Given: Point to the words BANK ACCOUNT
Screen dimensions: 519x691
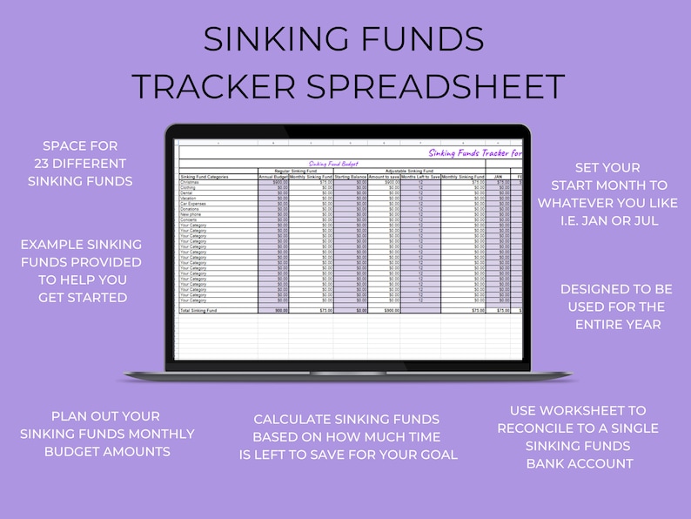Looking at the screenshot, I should tap(580, 463).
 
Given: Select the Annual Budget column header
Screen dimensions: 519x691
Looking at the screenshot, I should tap(273, 177).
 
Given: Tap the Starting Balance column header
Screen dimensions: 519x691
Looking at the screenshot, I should tap(351, 177).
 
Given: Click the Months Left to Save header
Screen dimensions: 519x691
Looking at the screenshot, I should tap(420, 177).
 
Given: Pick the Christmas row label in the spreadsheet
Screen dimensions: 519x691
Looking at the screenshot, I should tap(189, 182).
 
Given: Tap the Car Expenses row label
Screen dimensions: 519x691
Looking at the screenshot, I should tap(192, 203).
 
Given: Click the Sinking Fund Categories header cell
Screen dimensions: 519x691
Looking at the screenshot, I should tap(205, 177).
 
